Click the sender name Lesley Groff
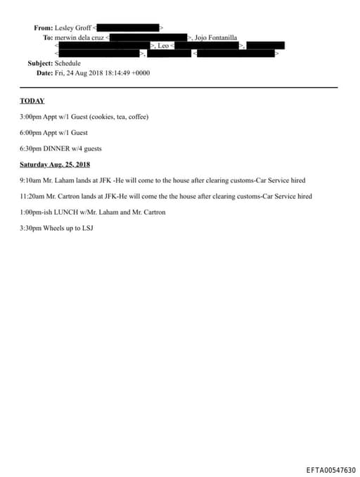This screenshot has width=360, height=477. [x=73, y=27]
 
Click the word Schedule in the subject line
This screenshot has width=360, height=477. [x=68, y=63]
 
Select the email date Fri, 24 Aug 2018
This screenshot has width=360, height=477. [x=79, y=72]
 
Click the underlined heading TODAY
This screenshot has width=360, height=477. [x=32, y=101]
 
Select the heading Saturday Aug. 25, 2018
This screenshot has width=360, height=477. [x=55, y=165]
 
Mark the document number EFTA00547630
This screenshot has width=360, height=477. [x=330, y=470]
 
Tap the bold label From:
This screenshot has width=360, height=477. [x=43, y=27]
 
